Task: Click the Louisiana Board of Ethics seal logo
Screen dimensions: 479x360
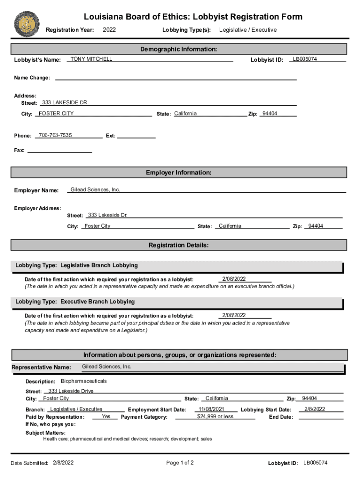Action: click(x=27, y=24)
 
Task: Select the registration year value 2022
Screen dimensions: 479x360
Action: click(x=109, y=30)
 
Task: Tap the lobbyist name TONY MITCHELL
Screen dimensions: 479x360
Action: click(x=91, y=59)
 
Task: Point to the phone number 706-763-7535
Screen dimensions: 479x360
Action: click(x=55, y=135)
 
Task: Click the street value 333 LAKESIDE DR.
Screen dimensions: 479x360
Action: click(x=65, y=102)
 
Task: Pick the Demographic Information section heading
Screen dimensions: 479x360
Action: click(x=179, y=49)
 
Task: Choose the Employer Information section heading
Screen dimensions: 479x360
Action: click(x=179, y=173)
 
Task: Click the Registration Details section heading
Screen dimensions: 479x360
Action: click(x=179, y=245)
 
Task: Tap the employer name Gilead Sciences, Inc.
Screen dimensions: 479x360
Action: click(x=95, y=189)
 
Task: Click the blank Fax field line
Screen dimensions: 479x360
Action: click(x=60, y=151)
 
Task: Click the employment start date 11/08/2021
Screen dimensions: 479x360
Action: click(x=211, y=409)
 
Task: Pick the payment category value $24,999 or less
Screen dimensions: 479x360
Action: click(x=215, y=416)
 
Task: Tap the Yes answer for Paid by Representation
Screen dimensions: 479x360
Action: click(x=106, y=416)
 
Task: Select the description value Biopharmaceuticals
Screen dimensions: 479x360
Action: click(x=84, y=381)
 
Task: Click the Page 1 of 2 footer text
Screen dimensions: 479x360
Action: click(x=180, y=463)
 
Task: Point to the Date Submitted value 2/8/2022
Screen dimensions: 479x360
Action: click(x=63, y=463)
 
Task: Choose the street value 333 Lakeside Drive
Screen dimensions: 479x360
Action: click(x=71, y=391)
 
